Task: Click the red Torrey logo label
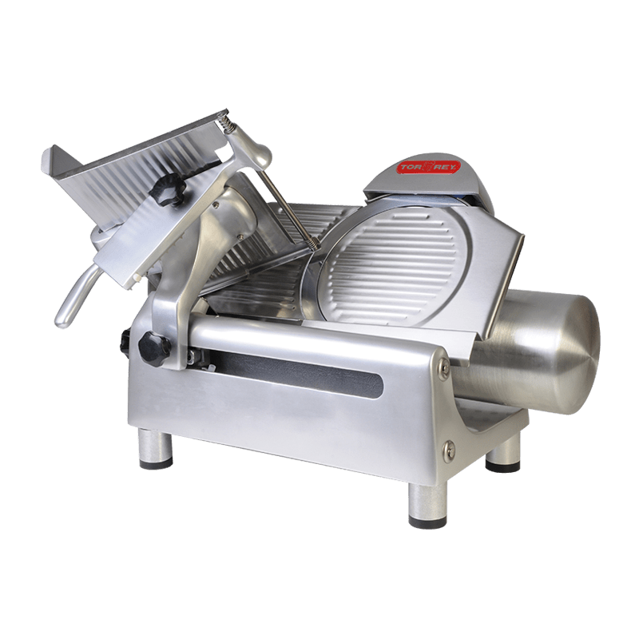point(429,168)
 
